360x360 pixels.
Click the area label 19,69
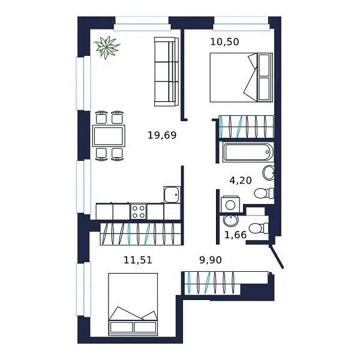click(162, 136)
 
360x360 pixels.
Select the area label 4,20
click(240, 179)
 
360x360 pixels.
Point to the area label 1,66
click(235, 235)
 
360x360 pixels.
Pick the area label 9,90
click(211, 260)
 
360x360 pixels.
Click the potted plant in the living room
click(107, 47)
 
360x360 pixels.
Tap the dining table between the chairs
click(109, 136)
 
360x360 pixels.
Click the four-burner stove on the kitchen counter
click(139, 211)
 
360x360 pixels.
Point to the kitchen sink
click(172, 194)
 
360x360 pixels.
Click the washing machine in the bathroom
click(229, 204)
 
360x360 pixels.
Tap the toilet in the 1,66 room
click(259, 228)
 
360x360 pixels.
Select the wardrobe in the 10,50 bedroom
click(246, 127)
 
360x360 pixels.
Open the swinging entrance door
click(278, 257)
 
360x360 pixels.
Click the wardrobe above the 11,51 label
click(140, 233)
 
